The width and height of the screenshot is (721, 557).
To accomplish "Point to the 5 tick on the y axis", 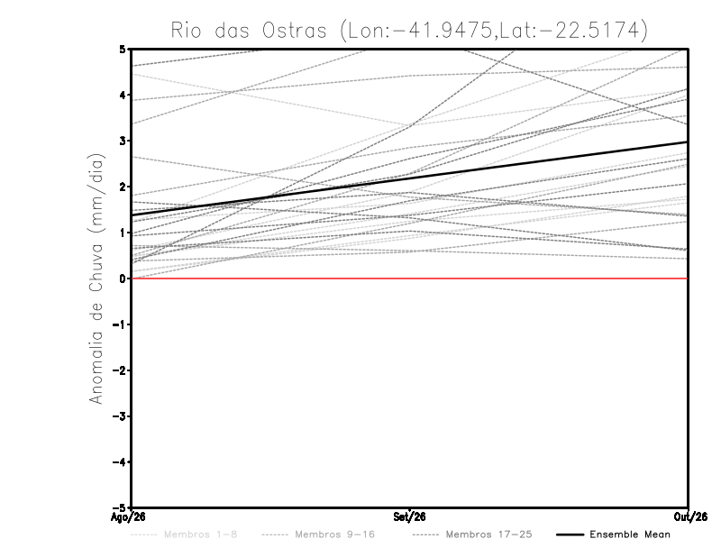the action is (x=123, y=49).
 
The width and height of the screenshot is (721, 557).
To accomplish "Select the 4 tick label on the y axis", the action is (x=123, y=95).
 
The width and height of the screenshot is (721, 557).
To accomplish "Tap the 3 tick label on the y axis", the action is (x=123, y=141).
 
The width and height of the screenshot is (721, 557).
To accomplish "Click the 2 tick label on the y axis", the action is (x=123, y=187).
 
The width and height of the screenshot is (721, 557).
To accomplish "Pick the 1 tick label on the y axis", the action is (x=123, y=233).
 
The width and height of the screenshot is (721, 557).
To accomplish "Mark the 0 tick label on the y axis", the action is (x=123, y=278).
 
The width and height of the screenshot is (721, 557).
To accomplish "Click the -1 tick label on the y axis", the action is (x=119, y=324).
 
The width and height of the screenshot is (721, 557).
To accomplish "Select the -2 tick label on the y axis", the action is (x=119, y=370).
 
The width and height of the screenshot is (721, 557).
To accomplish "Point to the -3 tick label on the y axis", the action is (x=119, y=416).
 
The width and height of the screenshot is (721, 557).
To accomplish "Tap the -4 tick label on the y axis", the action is (x=119, y=461).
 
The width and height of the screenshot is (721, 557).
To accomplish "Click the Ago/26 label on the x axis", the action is (x=128, y=517).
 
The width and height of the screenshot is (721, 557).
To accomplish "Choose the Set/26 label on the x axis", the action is (x=409, y=517).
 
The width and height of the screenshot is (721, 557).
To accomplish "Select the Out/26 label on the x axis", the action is (x=690, y=517).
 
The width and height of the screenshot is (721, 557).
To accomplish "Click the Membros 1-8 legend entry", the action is (x=184, y=534).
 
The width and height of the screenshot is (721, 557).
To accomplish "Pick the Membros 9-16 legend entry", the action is (x=318, y=534).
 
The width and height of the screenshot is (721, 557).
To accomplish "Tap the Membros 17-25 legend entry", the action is (x=472, y=534).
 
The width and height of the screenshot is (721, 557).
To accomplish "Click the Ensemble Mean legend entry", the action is (x=614, y=534).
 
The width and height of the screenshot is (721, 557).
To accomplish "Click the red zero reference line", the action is (x=410, y=278).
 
